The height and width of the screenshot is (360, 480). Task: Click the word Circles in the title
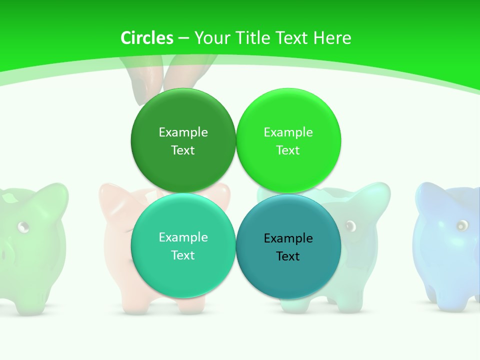[147, 38]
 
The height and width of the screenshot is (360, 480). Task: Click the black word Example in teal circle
[288, 238]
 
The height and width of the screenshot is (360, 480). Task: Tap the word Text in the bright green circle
[288, 150]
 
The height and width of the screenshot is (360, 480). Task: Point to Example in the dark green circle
[183, 132]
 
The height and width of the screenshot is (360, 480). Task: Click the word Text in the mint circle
[183, 255]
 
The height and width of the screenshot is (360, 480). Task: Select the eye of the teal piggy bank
[350, 225]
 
